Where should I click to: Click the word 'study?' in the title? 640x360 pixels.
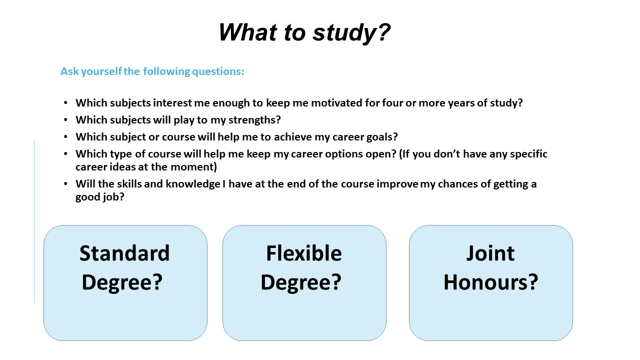(x=351, y=33)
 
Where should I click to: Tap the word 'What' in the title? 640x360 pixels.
(x=247, y=32)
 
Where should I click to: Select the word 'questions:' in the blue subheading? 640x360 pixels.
(x=218, y=71)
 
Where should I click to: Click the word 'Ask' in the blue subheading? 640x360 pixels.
(x=69, y=71)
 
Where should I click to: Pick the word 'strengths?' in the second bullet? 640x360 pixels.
(x=254, y=120)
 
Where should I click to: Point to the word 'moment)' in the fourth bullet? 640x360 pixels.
(x=193, y=167)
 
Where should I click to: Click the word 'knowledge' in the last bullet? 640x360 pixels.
(x=193, y=184)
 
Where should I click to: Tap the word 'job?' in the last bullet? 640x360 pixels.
(x=113, y=197)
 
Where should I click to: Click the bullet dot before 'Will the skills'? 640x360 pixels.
(x=65, y=183)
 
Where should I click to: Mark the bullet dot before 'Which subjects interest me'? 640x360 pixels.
(x=65, y=102)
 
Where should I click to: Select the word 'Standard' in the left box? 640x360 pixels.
(x=124, y=253)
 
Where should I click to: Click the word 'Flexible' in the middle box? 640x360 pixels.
(x=304, y=253)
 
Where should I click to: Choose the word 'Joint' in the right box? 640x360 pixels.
(x=490, y=253)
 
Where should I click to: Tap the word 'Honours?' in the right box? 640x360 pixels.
(x=490, y=282)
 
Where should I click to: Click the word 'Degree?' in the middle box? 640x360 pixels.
(x=301, y=283)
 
